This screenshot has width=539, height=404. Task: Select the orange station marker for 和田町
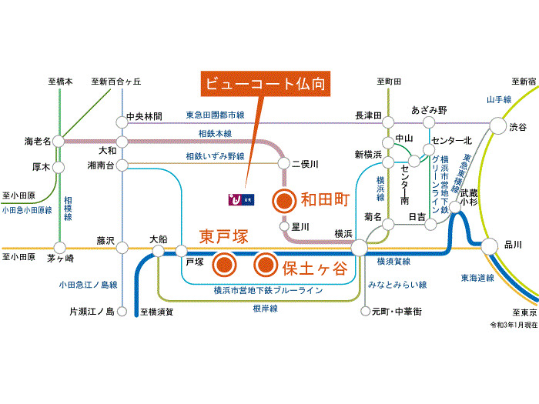pyautogui.click(x=284, y=201)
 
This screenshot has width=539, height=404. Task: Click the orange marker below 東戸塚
pyautogui.click(x=224, y=265)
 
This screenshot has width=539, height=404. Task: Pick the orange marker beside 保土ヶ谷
pyautogui.click(x=265, y=265)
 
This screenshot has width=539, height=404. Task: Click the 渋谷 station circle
pyautogui.click(x=497, y=127)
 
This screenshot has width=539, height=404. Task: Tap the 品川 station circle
pyautogui.click(x=488, y=246)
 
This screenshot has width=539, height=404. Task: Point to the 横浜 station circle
pyautogui.click(x=359, y=248)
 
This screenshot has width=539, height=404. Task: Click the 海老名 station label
pyautogui.click(x=37, y=142)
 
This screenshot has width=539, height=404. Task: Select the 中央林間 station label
pyautogui.click(x=145, y=117)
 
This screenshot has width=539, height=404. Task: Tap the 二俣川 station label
pyautogui.click(x=304, y=165)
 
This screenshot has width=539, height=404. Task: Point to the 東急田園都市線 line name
pyautogui.click(x=215, y=115)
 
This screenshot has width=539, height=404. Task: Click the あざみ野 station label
pyautogui.click(x=430, y=109)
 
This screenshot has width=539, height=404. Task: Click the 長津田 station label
pyautogui.click(x=368, y=116)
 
